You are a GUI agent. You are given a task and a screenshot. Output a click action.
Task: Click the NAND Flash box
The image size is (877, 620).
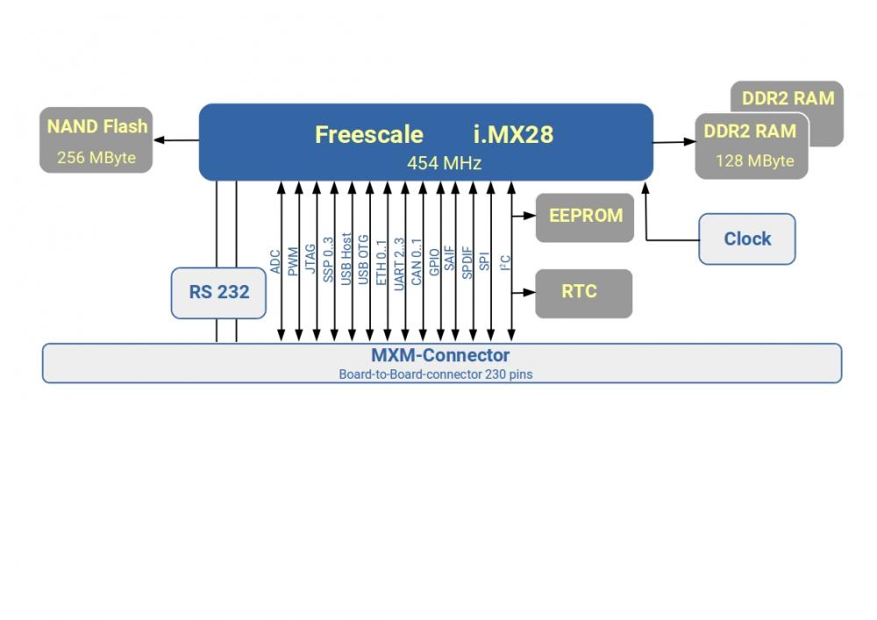[96, 140]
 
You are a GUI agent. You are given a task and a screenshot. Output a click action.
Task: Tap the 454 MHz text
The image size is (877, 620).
[444, 163]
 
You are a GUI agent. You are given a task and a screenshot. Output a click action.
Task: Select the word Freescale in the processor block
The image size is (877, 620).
[368, 134]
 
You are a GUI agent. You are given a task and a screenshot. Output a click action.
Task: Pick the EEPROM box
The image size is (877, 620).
[585, 217]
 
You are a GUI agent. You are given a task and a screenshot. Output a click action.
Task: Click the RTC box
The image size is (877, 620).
[583, 293]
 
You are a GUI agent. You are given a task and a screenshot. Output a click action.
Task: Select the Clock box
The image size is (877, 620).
[746, 239]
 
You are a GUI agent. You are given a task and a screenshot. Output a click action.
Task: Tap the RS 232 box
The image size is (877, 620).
[218, 292]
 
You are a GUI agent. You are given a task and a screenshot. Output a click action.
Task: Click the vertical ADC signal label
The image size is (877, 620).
[275, 260]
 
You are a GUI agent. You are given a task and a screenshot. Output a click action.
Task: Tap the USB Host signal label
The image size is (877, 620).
[346, 258]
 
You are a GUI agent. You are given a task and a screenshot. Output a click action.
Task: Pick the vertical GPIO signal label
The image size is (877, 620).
[434, 262]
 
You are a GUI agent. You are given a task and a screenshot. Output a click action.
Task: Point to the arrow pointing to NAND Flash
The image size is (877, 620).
[175, 140]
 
